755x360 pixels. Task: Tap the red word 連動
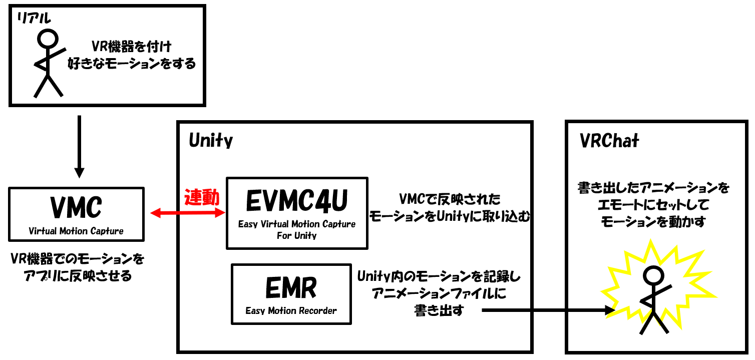tap(202, 197)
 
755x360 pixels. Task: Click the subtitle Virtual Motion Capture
tap(76, 231)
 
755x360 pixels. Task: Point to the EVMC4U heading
tap(297, 200)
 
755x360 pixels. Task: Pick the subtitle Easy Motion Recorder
tap(291, 311)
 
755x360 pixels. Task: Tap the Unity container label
tap(211, 141)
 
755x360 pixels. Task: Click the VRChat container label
tap(609, 141)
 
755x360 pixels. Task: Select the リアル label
tap(34, 19)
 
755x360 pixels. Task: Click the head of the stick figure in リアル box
tap(49, 39)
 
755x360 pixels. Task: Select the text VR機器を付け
tap(131, 47)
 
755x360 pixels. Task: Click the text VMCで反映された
tap(449, 199)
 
